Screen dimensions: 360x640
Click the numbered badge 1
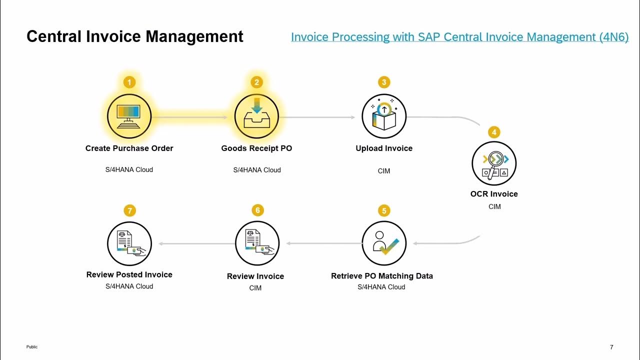(x=129, y=82)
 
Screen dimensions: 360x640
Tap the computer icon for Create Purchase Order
(x=129, y=116)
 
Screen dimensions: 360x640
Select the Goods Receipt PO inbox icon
(x=256, y=116)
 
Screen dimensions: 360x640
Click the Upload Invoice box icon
(x=384, y=116)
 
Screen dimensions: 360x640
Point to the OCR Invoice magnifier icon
(x=494, y=163)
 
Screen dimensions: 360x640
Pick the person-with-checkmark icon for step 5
(x=384, y=243)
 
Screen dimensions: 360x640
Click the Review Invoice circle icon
(x=257, y=243)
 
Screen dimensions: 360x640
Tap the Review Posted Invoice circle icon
(x=129, y=243)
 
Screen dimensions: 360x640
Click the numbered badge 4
(x=494, y=132)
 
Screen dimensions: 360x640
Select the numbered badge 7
(x=130, y=210)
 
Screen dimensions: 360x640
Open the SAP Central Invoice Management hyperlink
(x=459, y=37)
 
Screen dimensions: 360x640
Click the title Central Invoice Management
(x=135, y=36)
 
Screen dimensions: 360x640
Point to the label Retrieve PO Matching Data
(x=382, y=276)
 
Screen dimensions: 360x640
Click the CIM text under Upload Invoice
(x=384, y=171)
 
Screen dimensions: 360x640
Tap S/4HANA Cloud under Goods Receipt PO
(x=257, y=170)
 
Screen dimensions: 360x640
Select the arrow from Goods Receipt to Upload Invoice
(x=317, y=117)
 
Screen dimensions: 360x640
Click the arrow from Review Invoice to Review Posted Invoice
(x=196, y=243)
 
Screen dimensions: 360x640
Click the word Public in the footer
(x=32, y=347)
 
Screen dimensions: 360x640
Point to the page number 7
(x=611, y=347)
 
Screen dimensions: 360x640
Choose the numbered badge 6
(x=257, y=210)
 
